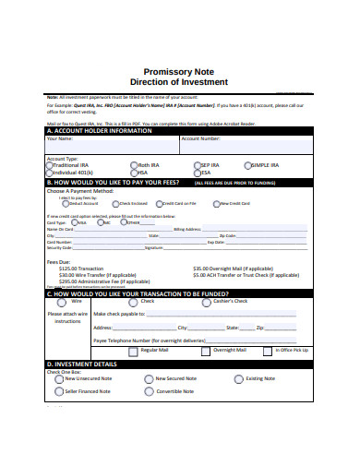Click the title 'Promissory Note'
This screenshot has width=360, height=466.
(179, 71)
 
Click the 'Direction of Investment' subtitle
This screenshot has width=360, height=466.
(179, 82)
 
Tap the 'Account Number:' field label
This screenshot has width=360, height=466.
(200, 138)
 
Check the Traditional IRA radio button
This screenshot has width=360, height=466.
(50, 165)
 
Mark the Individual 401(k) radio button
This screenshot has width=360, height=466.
(50, 173)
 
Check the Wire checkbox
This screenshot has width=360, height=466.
(61, 302)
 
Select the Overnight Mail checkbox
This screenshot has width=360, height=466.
(208, 352)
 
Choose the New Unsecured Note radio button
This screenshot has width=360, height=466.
(59, 378)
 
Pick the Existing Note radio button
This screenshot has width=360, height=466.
(239, 378)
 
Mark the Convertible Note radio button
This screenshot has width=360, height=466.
(150, 391)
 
